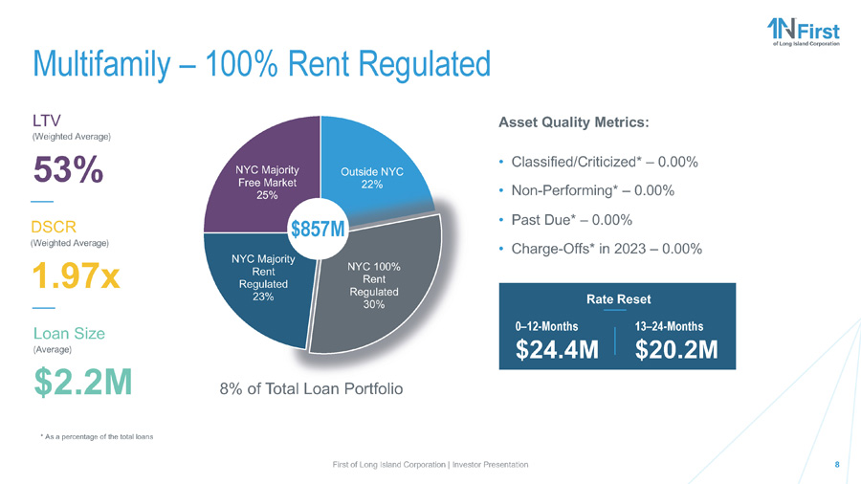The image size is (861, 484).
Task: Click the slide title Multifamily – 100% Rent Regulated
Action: click(x=260, y=64)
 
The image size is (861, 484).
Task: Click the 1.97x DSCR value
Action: click(x=77, y=276)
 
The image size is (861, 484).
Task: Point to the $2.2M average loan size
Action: click(x=82, y=380)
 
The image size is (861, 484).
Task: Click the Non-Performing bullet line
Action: click(x=594, y=190)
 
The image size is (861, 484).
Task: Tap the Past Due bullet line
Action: click(x=570, y=219)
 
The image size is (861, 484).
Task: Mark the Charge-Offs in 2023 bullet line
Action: click(x=607, y=249)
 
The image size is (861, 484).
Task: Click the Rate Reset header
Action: click(x=618, y=298)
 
